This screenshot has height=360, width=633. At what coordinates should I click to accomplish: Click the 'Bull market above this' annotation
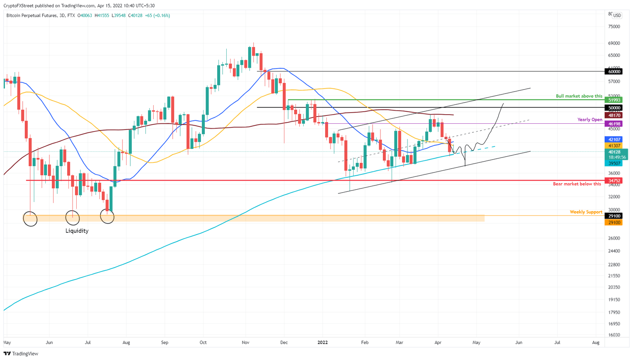click(x=579, y=96)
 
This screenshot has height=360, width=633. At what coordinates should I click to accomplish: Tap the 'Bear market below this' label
click(x=577, y=184)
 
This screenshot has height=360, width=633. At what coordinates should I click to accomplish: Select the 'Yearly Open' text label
click(x=589, y=120)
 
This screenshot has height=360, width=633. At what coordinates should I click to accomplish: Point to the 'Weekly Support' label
click(x=586, y=212)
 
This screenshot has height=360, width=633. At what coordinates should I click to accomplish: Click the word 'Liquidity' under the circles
click(x=77, y=231)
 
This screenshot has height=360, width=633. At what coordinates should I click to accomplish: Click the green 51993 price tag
click(x=614, y=100)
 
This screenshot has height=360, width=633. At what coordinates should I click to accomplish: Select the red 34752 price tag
click(x=614, y=181)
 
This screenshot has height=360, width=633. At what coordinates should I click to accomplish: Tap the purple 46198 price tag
click(x=614, y=124)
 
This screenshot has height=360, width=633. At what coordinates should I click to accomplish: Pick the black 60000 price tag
click(x=614, y=71)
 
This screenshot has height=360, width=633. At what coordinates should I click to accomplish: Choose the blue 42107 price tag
click(x=614, y=139)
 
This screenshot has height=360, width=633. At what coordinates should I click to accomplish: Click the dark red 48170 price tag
click(x=614, y=115)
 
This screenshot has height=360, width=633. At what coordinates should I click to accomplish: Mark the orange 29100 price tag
click(x=614, y=223)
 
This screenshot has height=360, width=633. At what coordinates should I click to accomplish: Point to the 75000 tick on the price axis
click(x=614, y=27)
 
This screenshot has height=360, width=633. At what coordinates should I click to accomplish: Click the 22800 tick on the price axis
click(x=614, y=265)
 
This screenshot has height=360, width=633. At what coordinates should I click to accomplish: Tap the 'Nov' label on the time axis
click(x=246, y=343)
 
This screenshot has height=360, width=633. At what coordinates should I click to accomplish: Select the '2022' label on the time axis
click(x=322, y=343)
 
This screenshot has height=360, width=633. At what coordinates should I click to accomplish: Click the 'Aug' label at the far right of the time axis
click(x=595, y=343)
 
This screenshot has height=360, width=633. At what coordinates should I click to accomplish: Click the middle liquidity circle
click(x=73, y=218)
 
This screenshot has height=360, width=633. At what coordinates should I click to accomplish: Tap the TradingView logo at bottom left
click(x=21, y=354)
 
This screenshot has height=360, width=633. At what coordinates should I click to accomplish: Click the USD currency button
click(x=617, y=16)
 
